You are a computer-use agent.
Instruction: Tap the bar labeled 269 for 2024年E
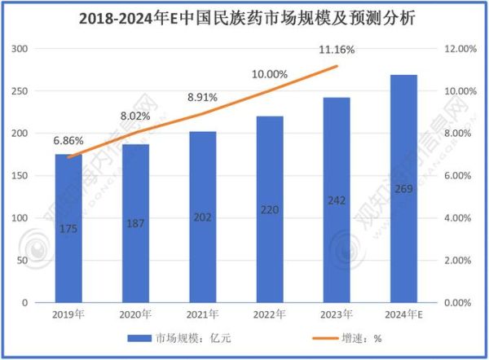(x=403, y=188)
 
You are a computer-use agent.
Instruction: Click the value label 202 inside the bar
(x=203, y=218)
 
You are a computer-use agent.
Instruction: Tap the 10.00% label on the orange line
(x=270, y=74)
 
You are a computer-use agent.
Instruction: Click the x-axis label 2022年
(x=270, y=314)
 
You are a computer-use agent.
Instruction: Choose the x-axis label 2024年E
(x=404, y=314)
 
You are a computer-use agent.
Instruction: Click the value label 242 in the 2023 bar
(x=337, y=201)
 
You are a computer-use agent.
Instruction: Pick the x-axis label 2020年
(x=135, y=314)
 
